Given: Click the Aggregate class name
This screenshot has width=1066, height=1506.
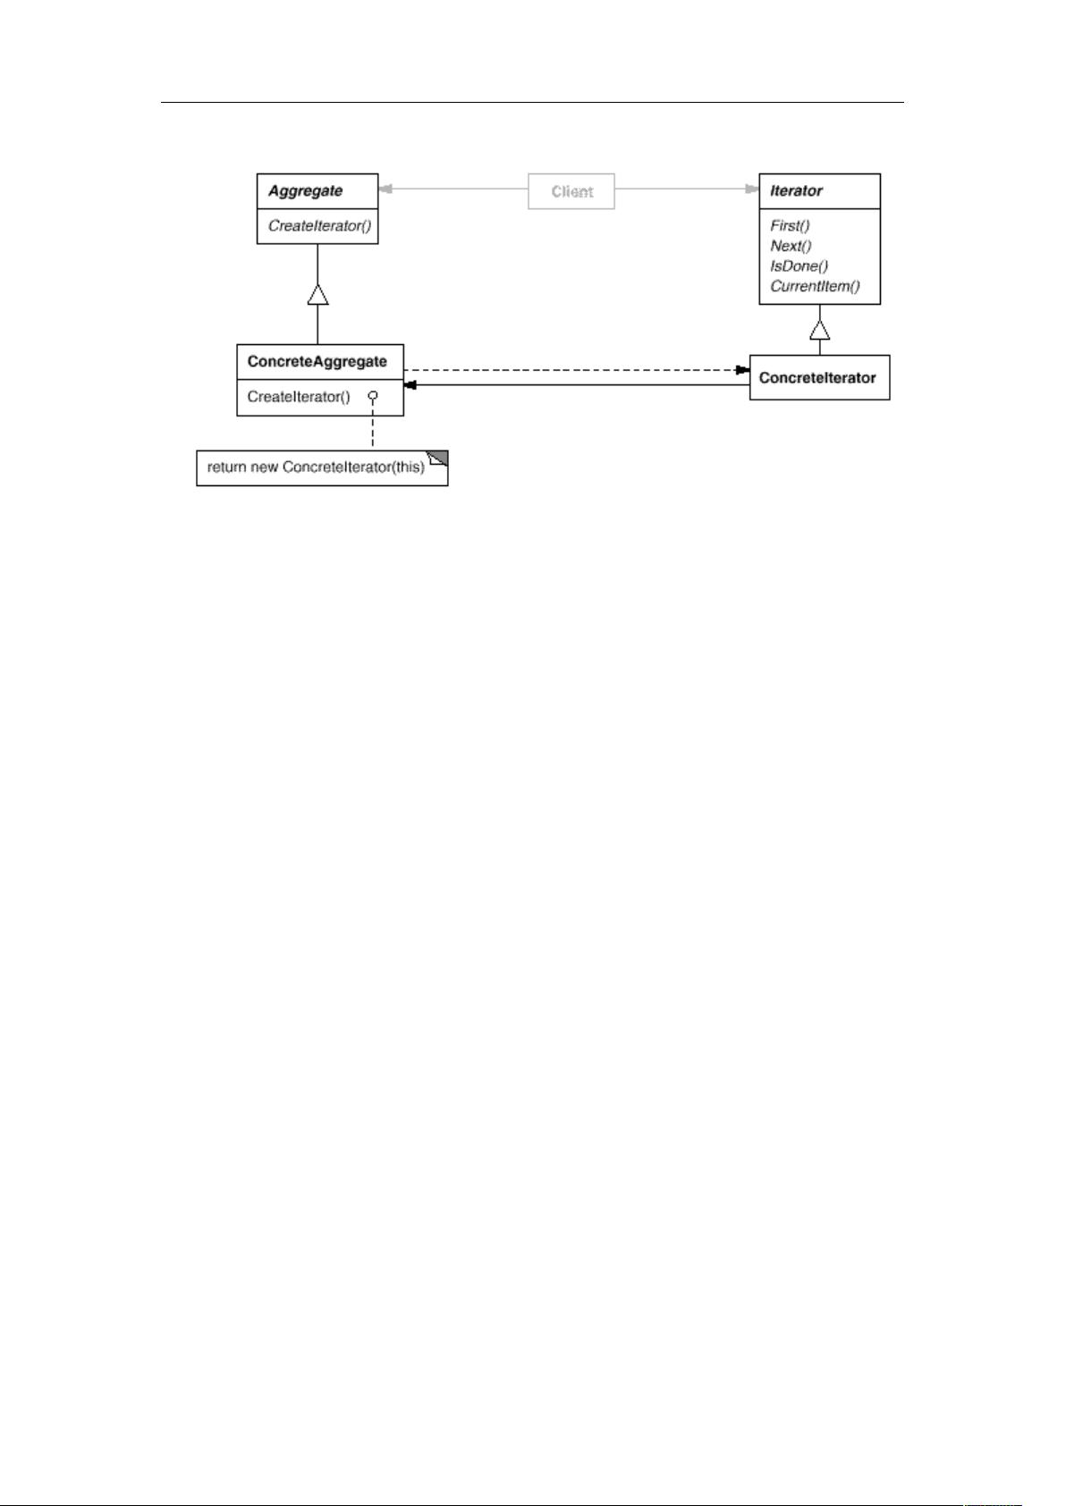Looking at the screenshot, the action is coord(305,191).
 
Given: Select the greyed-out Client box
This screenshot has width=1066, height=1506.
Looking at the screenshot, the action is coord(571,191).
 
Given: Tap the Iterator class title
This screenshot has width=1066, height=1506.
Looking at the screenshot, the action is coord(796,191).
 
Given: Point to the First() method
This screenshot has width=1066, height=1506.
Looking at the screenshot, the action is coord(790,226).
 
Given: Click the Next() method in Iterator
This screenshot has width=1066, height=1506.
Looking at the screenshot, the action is coord(791,246).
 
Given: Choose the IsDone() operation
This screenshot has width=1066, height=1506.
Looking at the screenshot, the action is coord(799,266).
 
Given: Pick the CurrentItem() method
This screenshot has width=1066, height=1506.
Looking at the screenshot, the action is coord(815,286).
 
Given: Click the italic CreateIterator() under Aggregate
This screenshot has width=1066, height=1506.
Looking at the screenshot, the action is coord(319,226).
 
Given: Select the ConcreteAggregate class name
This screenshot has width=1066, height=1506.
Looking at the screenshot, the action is coord(317,362).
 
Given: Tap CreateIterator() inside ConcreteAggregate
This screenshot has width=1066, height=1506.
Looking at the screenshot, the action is coord(299,398).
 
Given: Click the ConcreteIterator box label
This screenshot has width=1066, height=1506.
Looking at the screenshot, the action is coord(817,378).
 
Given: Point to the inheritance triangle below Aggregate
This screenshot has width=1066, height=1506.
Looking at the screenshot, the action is coord(317,294).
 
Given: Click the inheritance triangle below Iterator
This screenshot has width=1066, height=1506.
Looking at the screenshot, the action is coord(819,330).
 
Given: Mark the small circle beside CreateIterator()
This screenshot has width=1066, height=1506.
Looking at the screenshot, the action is coord(373,396).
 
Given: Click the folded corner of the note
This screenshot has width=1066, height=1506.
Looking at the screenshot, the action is coord(438,459).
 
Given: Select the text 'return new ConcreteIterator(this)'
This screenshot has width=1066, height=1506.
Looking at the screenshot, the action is coord(316,467).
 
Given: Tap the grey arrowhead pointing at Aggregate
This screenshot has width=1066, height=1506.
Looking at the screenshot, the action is coord(385,189).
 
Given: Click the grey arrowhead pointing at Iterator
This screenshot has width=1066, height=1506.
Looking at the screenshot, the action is coord(752,189).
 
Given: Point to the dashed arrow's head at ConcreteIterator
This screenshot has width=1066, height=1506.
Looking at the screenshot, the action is coord(742,370).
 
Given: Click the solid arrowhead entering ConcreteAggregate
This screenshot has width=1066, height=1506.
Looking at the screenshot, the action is coord(410,385).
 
